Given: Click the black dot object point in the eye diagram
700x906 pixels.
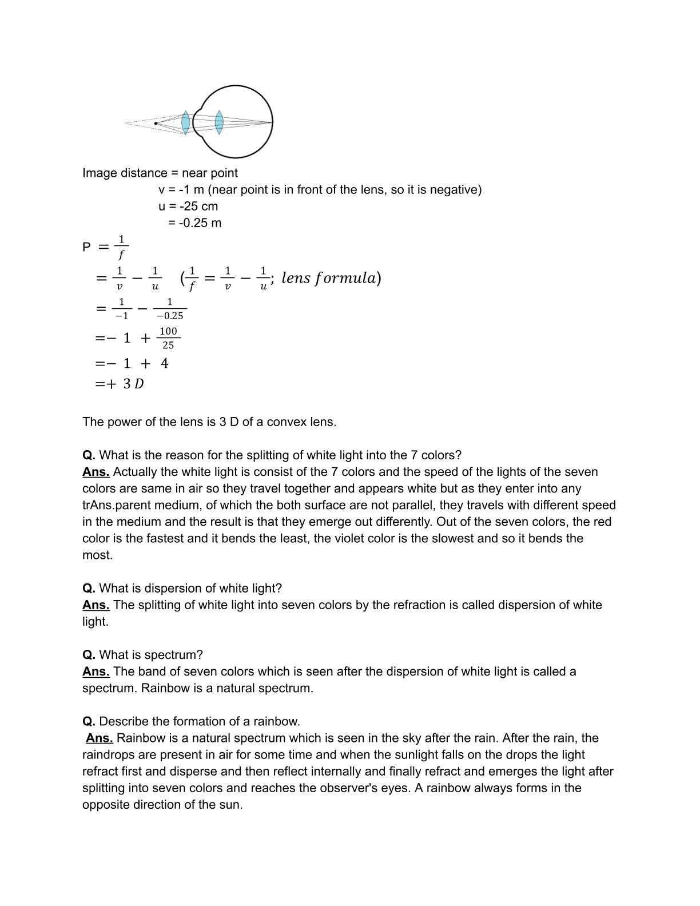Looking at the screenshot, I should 156,123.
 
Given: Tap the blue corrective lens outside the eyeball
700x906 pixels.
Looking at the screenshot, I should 185,122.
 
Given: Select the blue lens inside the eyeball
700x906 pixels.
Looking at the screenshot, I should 219,122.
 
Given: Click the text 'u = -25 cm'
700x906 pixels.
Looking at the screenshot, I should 188,206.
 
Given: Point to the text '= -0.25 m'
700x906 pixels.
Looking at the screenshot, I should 194,223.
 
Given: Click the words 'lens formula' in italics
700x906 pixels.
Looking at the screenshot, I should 329,279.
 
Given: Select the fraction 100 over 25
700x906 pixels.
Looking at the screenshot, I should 168,338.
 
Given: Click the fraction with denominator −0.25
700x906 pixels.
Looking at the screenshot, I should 170,309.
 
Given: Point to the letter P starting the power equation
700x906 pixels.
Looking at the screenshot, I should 86,247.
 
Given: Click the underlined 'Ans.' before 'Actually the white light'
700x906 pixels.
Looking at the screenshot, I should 96,472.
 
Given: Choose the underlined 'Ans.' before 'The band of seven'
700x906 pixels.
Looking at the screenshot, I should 96,671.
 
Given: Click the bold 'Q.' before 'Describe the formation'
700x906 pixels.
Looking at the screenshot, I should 89,722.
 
